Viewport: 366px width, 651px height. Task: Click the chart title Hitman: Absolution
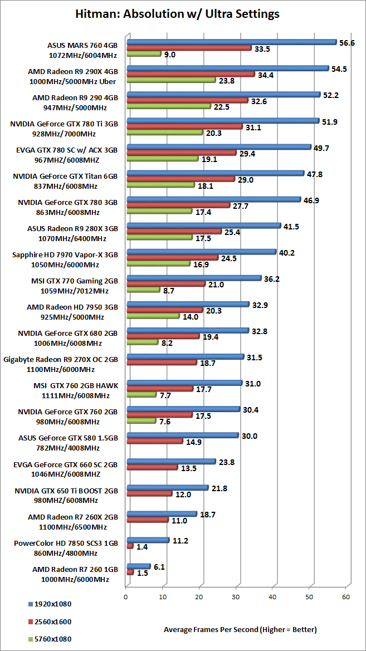coord(177,13)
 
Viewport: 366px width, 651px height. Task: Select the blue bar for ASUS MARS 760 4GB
coord(231,42)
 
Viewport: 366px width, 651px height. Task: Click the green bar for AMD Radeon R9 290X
coord(170,80)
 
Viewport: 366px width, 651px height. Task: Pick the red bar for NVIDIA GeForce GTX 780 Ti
coord(184,127)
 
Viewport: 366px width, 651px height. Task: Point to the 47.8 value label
coord(315,174)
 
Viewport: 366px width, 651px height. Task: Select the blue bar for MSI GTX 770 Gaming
coord(194,278)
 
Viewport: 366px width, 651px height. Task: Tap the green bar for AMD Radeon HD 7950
coord(153,316)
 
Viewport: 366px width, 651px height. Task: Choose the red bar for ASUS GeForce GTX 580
coord(154,441)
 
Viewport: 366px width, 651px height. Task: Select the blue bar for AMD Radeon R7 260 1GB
coord(138,566)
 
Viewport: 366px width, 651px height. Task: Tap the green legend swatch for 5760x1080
coord(30,639)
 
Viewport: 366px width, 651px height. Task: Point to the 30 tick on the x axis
coord(236,596)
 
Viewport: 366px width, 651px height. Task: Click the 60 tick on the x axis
coord(346,596)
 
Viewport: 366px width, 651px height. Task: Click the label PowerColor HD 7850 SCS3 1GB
coord(65,544)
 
